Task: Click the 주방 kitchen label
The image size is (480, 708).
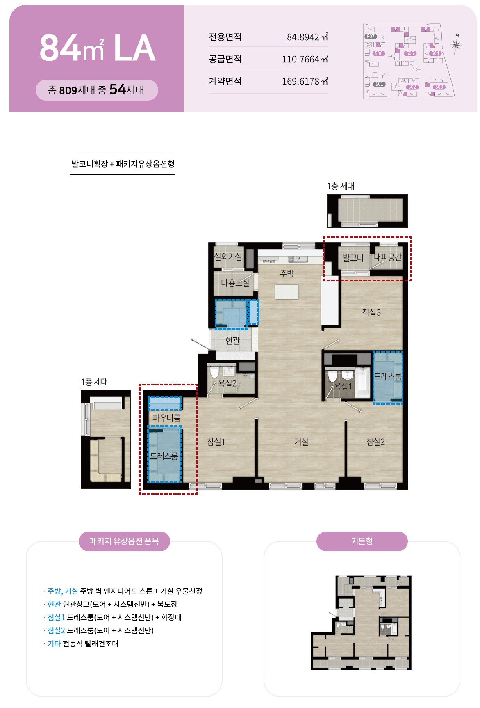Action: (x=287, y=273)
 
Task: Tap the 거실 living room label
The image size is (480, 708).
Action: (x=301, y=442)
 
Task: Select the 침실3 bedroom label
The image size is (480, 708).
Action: (x=371, y=312)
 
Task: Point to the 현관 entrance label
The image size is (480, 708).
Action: (x=232, y=340)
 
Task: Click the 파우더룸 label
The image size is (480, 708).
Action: (x=166, y=418)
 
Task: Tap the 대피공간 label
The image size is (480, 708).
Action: (x=388, y=257)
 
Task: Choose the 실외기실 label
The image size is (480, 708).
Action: (x=228, y=257)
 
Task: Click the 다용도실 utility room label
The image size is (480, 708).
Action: (x=235, y=283)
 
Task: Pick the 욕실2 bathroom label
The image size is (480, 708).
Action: (x=227, y=383)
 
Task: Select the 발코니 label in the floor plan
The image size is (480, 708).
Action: (x=353, y=258)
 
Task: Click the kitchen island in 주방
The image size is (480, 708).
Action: (x=287, y=291)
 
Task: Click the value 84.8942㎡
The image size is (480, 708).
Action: (x=307, y=37)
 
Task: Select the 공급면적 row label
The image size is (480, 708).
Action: (x=225, y=59)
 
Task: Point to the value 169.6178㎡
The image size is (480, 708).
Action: (x=305, y=81)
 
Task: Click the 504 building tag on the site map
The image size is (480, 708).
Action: (x=435, y=53)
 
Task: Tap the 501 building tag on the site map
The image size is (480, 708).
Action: (x=379, y=84)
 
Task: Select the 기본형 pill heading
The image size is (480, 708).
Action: (x=362, y=541)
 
